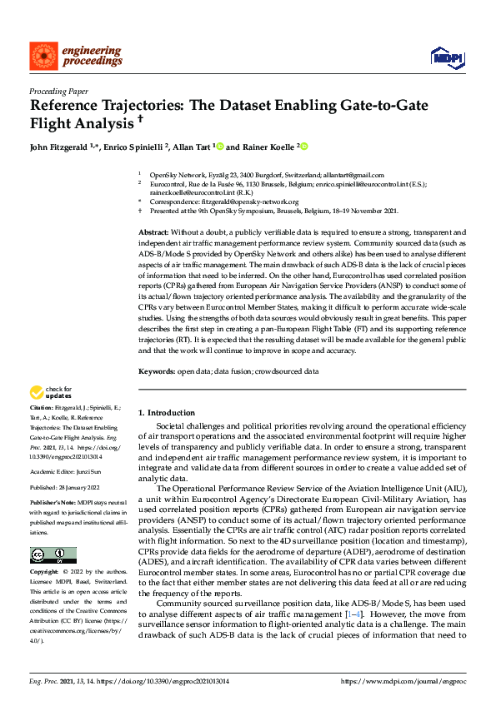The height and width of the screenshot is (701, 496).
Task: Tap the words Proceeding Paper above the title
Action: coord(58,91)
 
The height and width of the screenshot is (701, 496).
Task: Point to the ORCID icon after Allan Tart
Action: coord(220,147)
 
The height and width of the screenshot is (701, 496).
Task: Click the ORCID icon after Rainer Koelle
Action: coord(304,147)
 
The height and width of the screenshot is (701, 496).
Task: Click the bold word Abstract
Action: coord(153,231)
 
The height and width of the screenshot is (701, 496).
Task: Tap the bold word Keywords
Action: coord(156,370)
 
